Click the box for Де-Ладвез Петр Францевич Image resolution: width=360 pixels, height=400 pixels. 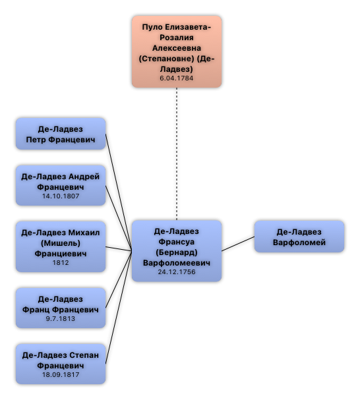[61, 134]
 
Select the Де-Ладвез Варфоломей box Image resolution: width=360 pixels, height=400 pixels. [299, 237]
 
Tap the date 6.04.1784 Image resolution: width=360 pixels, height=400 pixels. [177, 78]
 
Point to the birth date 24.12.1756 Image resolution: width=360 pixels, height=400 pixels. [177, 272]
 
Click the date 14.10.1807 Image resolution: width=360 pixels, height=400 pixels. [61, 196]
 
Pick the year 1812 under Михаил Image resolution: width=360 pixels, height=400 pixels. [61, 262]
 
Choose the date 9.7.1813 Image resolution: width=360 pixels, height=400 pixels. [61, 319]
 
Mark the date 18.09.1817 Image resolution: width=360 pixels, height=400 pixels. [61, 375]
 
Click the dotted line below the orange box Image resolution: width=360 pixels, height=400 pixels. [177, 154]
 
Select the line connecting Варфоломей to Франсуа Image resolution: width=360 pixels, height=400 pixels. [238, 244]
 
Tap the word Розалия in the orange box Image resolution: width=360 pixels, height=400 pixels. [177, 38]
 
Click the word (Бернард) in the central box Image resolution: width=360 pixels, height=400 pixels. [177, 252]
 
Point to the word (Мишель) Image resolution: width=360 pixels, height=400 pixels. [61, 243]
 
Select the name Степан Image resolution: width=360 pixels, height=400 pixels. [84, 355]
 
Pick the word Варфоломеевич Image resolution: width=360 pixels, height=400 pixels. [177, 263]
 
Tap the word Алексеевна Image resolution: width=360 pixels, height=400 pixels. [177, 48]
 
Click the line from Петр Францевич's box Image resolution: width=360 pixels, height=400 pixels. [119, 192]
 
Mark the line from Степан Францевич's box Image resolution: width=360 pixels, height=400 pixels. [119, 308]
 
